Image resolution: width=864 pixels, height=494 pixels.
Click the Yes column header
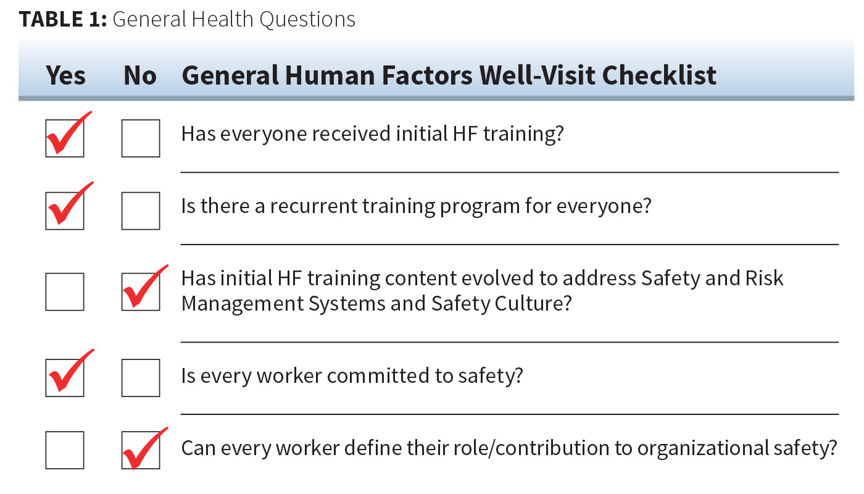pos(65,75)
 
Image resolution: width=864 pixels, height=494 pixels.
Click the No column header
pos(140,75)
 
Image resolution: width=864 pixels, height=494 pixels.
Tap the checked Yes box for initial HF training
pos(65,138)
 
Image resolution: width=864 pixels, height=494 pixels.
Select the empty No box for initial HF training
pos(141,138)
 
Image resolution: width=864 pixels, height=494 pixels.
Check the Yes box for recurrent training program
pos(65,211)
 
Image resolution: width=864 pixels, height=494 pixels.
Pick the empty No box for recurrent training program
pos(141,211)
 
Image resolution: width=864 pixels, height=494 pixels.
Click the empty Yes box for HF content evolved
pos(65,291)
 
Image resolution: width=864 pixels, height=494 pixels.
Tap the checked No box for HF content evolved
pos(141,291)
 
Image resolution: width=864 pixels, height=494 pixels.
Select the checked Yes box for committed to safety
pos(65,377)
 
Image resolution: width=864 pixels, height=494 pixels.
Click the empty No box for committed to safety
pos(141,377)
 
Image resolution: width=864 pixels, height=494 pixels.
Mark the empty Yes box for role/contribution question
pos(65,450)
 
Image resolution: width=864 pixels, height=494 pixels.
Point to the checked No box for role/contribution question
pos(141,450)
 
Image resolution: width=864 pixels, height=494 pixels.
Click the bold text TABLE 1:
pos(63,20)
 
